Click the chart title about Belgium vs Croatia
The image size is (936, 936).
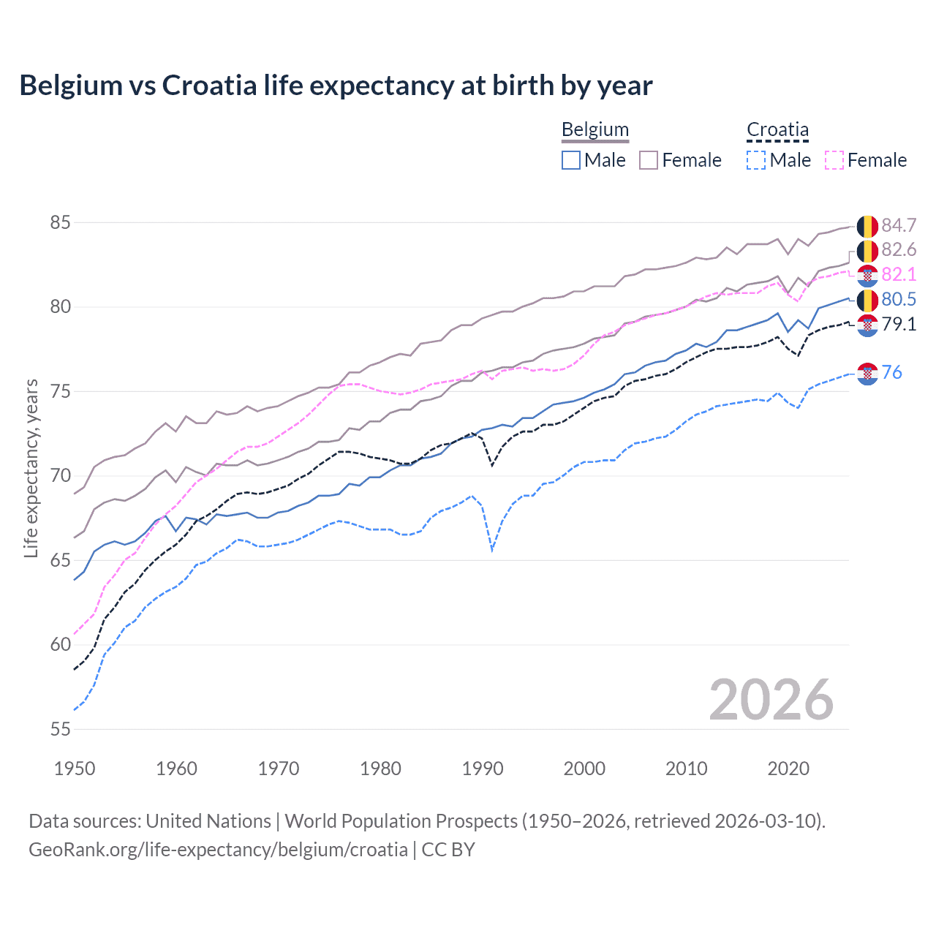336,86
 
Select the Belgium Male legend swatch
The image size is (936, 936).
571,160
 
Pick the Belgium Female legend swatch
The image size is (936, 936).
649,160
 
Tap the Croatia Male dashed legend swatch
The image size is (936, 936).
756,160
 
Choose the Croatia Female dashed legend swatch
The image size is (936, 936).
834,160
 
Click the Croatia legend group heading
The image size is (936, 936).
777,130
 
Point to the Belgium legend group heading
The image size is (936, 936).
595,130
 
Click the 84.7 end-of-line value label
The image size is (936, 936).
899,225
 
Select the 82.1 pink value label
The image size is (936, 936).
899,274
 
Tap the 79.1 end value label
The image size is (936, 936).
899,324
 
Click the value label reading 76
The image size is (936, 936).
891,372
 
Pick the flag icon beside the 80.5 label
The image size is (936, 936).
867,300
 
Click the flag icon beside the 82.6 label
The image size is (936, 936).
867,251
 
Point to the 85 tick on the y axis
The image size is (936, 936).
60,222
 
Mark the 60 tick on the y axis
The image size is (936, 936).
60,644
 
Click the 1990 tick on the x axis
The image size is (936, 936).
483,769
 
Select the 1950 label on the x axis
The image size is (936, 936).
75,769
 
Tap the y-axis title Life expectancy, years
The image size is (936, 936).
31,468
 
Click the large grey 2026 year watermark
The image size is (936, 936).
771,700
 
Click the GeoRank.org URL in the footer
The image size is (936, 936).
218,850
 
